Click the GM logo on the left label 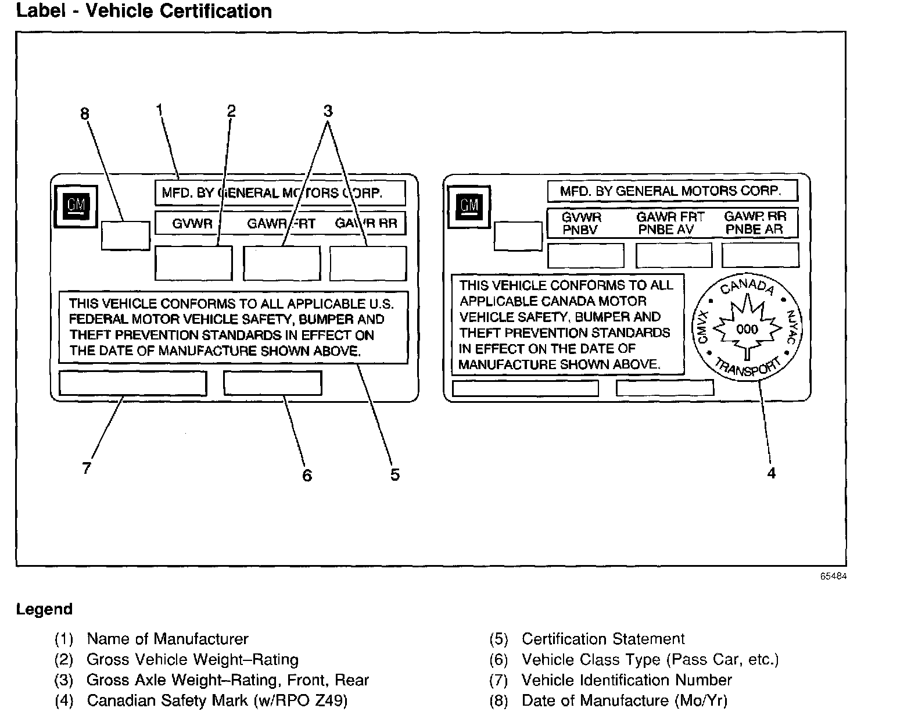pyautogui.click(x=76, y=206)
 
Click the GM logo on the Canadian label pyautogui.click(x=468, y=205)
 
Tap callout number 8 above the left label pyautogui.click(x=85, y=113)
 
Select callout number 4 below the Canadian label pyautogui.click(x=771, y=473)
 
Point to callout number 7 pyautogui.click(x=87, y=468)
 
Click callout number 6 pyautogui.click(x=307, y=476)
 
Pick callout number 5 pyautogui.click(x=395, y=475)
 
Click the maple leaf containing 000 pyautogui.click(x=747, y=329)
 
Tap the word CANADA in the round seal pyautogui.click(x=747, y=286)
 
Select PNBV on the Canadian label pyautogui.click(x=579, y=230)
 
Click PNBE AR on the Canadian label pyautogui.click(x=754, y=230)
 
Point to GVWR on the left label pyautogui.click(x=192, y=223)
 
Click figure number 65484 pyautogui.click(x=834, y=577)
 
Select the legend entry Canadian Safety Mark pyautogui.click(x=217, y=700)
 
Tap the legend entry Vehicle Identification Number pyautogui.click(x=626, y=680)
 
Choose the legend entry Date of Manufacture pyautogui.click(x=624, y=700)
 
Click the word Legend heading pyautogui.click(x=44, y=609)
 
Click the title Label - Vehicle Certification pyautogui.click(x=144, y=11)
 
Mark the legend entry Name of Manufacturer pyautogui.click(x=167, y=639)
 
